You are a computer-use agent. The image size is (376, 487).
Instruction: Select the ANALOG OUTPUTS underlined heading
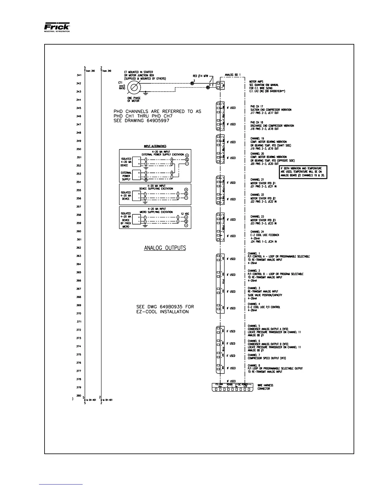[165, 248]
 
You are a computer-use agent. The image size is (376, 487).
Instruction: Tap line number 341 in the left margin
[79, 75]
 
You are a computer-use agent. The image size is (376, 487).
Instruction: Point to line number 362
[79, 247]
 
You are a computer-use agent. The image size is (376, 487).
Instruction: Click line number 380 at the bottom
[79, 395]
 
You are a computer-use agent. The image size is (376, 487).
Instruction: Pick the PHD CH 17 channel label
[257, 106]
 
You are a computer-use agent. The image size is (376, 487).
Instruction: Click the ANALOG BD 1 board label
[232, 74]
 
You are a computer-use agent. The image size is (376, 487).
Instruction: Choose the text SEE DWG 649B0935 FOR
[165, 307]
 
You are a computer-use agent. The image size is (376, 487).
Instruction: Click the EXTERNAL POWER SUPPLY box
[126, 176]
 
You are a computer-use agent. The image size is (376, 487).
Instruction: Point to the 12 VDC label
[185, 213]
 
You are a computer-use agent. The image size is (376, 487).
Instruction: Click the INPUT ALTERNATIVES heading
[155, 146]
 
